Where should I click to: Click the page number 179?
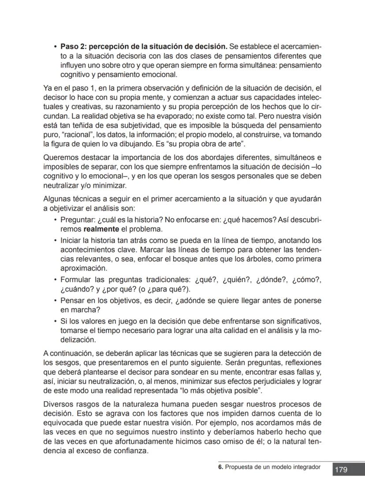[341, 469]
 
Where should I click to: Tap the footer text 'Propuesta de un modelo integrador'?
[273, 467]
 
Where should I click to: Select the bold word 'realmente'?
[101, 229]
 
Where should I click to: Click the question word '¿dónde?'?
[271, 280]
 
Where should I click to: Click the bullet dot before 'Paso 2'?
[55, 47]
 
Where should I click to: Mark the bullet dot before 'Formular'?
[55, 280]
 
